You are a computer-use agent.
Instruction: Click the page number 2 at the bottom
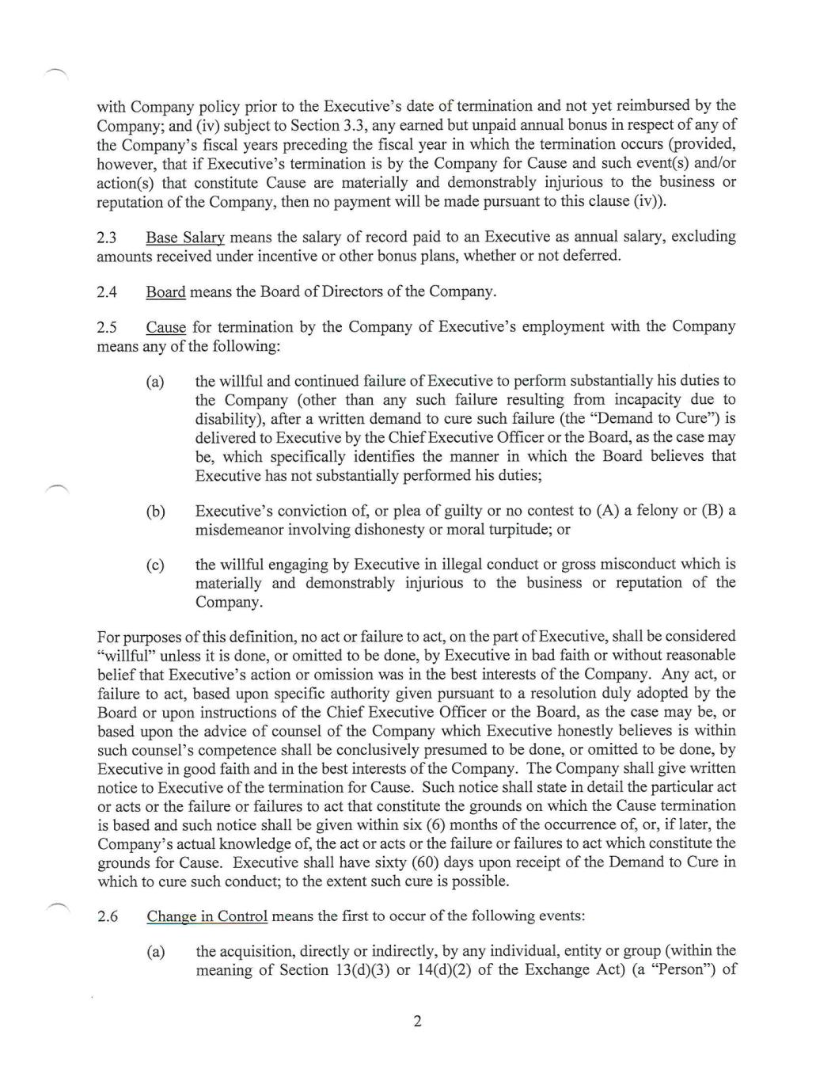417,1021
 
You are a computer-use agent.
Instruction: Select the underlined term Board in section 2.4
165,291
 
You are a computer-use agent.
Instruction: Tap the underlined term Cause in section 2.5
165,327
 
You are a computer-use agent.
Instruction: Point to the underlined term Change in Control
207,916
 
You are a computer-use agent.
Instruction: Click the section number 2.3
107,237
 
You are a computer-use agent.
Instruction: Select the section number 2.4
107,291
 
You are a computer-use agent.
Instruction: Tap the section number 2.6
108,916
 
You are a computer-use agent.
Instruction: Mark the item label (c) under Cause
155,565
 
